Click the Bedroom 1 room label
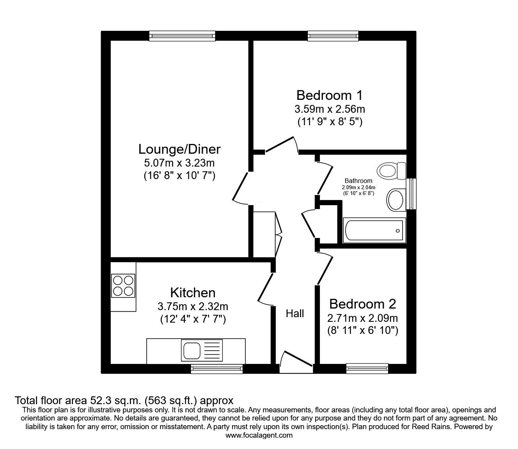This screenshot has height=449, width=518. (329, 95)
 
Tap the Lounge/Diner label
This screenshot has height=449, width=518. (179, 149)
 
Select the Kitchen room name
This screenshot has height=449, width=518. (193, 293)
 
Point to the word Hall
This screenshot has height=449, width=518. (295, 313)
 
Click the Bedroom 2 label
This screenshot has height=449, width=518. (362, 304)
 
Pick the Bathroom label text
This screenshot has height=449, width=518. (358, 181)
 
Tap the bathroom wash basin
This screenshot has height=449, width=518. (396, 200)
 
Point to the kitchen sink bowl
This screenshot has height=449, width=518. (192, 350)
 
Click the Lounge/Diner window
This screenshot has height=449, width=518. (182, 36)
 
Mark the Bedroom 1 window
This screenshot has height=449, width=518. (333, 36)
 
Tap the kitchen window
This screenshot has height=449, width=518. (217, 369)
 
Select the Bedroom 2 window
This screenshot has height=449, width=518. (367, 369)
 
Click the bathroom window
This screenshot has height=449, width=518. (411, 194)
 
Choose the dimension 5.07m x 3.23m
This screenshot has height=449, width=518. (179, 163)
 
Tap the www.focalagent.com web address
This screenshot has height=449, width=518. (259, 435)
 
